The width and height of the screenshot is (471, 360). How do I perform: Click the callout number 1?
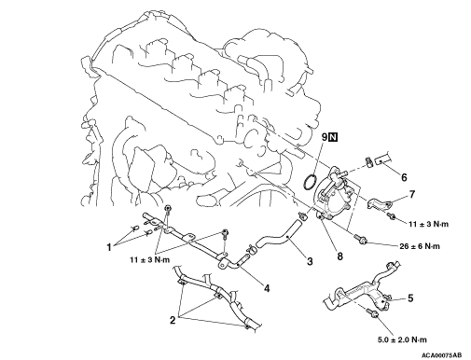point(109,247)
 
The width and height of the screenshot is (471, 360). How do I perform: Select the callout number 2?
point(173,320)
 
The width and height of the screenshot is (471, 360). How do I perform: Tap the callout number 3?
point(310,261)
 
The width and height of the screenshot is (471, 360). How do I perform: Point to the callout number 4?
point(267,288)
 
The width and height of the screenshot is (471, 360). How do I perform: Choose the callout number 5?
point(410,298)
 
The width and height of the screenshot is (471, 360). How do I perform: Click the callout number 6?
point(404,177)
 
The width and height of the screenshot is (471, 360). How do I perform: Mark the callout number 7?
point(412,194)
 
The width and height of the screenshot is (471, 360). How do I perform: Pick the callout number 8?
point(339,256)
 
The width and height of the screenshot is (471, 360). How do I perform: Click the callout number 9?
point(325,137)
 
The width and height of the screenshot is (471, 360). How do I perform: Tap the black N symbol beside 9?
point(333,137)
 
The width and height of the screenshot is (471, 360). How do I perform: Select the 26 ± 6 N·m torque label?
point(420,246)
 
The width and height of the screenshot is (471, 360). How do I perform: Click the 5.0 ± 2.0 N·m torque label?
point(402,339)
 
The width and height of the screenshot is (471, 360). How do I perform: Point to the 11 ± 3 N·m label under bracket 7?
point(428,224)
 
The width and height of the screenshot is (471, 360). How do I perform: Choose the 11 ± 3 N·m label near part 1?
point(150,259)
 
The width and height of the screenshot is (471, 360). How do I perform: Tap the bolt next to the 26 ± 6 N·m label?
point(360,240)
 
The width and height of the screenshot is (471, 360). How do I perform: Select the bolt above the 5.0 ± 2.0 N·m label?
point(372,312)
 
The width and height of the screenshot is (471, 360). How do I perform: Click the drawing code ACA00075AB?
point(441,355)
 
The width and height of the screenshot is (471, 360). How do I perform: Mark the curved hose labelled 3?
point(279,236)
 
